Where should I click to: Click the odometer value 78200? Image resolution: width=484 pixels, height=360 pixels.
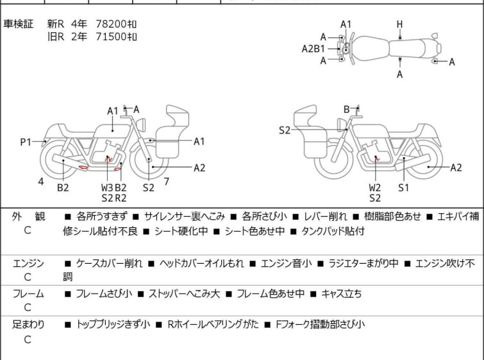[111, 24]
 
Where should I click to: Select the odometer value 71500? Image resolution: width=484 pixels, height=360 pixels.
[111, 37]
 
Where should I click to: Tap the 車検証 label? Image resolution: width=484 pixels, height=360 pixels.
[18, 24]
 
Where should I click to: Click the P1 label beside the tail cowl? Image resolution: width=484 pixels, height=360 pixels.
[26, 142]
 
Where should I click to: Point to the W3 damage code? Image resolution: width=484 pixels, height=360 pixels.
[107, 187]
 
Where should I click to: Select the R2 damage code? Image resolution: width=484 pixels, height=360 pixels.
[121, 198]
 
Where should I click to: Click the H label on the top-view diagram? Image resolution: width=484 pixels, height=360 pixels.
[400, 24]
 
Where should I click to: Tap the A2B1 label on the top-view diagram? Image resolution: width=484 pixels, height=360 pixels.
[313, 49]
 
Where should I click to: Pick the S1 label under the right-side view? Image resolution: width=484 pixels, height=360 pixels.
[403, 187]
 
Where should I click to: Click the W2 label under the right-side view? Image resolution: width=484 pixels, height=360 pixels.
[375, 187]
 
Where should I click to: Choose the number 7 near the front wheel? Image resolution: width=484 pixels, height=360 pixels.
[167, 182]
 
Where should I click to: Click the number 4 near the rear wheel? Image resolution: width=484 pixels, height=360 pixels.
[41, 182]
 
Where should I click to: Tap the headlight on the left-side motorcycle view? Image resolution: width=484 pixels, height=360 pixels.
[141, 124]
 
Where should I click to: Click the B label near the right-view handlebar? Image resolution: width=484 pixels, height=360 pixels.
[347, 109]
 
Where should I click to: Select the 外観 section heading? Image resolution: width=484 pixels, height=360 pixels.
[28, 216]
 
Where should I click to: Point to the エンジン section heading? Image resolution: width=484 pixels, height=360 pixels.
[28, 263]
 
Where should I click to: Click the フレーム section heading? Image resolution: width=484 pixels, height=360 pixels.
[28, 293]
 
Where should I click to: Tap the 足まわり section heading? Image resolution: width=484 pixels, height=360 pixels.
[28, 324]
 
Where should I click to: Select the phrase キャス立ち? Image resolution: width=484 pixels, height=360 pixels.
[341, 293]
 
